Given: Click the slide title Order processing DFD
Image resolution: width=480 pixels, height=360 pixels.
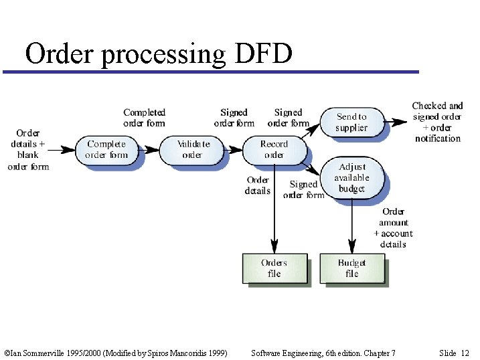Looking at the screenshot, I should (x=159, y=54).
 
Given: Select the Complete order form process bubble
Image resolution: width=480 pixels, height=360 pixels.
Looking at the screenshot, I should (x=106, y=149).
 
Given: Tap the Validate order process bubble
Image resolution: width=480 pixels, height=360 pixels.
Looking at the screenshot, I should (x=193, y=149).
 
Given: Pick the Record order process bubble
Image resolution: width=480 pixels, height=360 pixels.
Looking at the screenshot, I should (x=273, y=149).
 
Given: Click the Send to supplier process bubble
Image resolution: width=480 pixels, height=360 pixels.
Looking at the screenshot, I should (x=351, y=122).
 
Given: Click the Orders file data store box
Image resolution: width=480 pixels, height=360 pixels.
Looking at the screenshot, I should (x=274, y=268).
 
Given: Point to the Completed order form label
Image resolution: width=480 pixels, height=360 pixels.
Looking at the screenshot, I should (x=144, y=118).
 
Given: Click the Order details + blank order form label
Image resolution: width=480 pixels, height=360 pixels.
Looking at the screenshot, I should (x=28, y=149).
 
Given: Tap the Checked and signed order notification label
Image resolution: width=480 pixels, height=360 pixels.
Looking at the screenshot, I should (x=437, y=122).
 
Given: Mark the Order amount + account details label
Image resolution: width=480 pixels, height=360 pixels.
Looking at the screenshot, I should (x=393, y=228).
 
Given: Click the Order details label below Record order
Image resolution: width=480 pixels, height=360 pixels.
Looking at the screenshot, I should (x=258, y=185).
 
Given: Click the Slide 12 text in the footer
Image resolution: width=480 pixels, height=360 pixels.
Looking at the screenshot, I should (x=454, y=353).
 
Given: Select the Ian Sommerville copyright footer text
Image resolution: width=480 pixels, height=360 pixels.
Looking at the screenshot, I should (x=115, y=353).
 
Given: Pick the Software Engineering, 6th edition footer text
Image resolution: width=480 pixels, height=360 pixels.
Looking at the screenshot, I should (x=323, y=353).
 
